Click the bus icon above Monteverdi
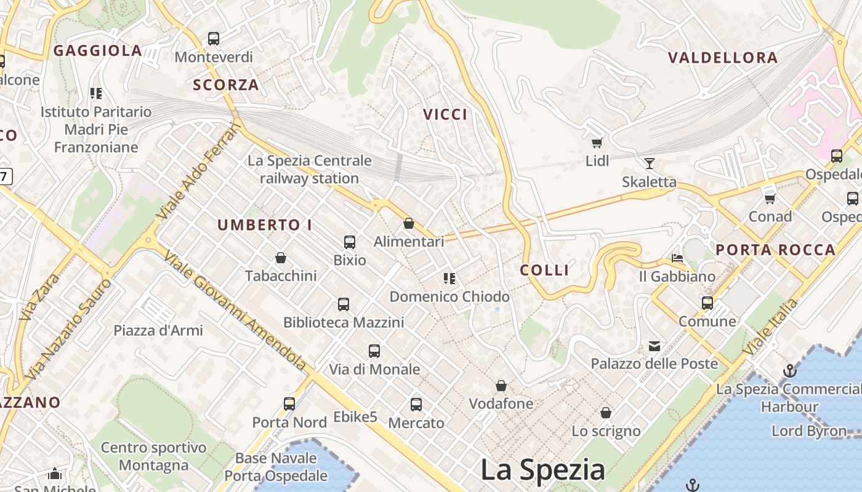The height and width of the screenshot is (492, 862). click(213, 39)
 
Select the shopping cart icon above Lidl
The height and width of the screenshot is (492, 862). click(596, 143)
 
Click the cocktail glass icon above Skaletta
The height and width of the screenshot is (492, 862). click(649, 163)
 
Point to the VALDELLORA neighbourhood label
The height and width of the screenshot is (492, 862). click(723, 58)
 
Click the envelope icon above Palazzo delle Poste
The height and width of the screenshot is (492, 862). click(654, 346)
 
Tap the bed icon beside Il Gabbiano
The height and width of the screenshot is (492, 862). click(677, 258)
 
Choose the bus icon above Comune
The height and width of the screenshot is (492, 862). click(707, 303)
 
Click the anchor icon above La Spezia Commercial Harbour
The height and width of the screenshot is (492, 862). click(789, 371)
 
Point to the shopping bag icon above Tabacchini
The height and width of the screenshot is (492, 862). click(281, 257)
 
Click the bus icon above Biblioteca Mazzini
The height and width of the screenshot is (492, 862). click(344, 304)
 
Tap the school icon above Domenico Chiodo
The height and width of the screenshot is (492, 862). click(449, 279)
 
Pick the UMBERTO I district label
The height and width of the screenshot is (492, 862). click(265, 225)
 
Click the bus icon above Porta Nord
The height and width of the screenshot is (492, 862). click(289, 404)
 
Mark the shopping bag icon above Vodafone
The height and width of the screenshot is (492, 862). click(501, 386)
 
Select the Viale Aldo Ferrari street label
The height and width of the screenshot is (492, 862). click(198, 170)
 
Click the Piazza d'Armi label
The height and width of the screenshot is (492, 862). click(158, 330)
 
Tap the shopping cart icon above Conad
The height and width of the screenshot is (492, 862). click(770, 198)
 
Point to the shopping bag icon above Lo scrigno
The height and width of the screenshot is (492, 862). click(606, 413)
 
